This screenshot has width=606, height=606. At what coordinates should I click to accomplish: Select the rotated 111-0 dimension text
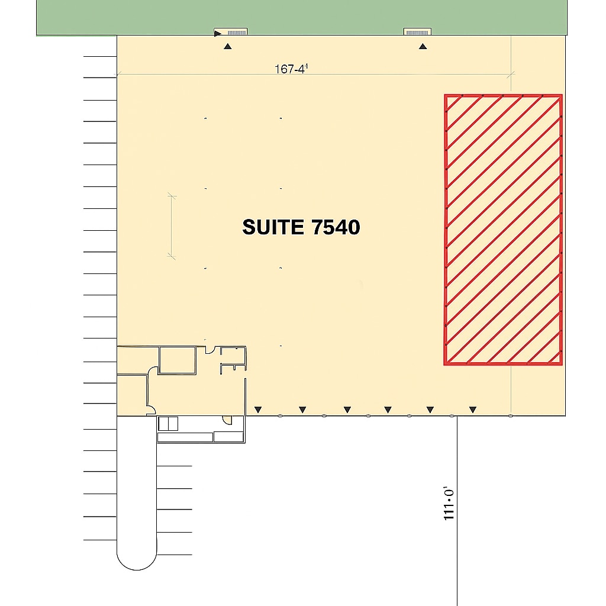click(449, 504)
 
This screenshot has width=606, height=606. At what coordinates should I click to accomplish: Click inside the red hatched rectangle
click(503, 229)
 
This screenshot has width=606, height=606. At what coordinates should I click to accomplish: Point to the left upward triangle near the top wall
click(228, 46)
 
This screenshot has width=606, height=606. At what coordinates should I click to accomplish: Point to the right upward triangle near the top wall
click(423, 46)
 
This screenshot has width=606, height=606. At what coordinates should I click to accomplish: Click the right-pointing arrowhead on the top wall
click(218, 33)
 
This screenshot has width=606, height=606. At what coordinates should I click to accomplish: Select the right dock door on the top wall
click(417, 32)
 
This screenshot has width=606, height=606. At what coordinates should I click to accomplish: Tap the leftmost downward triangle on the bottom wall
click(257, 410)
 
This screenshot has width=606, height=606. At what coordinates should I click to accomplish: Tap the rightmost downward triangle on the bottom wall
click(472, 410)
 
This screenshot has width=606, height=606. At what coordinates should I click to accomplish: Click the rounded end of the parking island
click(137, 559)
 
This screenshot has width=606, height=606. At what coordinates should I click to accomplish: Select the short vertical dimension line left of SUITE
click(172, 227)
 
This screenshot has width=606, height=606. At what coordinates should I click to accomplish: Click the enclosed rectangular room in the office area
click(177, 360)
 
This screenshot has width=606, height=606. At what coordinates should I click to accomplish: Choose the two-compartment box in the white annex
click(168, 424)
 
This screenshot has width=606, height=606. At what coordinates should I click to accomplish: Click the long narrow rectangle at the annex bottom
click(185, 437)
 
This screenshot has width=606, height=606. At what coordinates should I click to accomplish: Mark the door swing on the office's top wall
click(209, 349)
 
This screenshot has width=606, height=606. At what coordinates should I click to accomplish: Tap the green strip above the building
click(302, 15)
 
